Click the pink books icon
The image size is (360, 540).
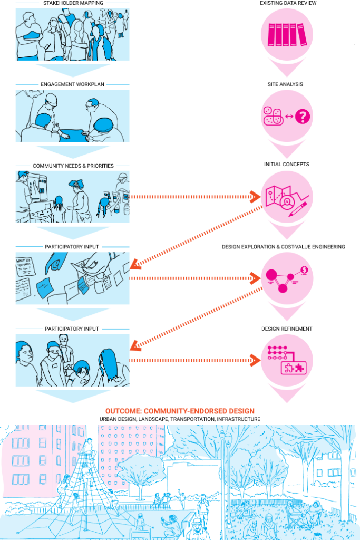[x=287, y=35]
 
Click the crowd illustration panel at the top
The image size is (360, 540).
[x=72, y=34]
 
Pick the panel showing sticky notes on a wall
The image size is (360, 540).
[x=72, y=278]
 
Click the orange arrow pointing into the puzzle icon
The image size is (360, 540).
[x=195, y=360]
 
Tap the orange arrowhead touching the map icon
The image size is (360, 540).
[x=255, y=197]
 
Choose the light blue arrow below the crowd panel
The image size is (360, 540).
[x=73, y=70]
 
